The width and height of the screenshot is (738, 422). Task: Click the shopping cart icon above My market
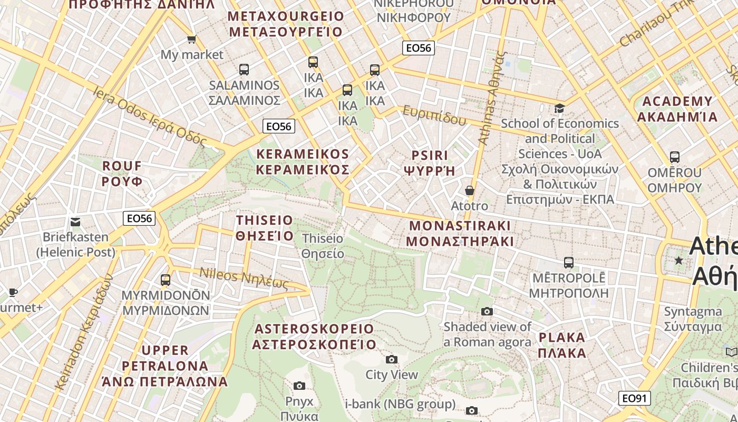click(x=192, y=40)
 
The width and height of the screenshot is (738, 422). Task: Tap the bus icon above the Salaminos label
click(x=244, y=69)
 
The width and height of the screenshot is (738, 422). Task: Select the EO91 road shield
click(x=634, y=398)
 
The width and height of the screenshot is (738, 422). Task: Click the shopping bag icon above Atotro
click(x=469, y=190)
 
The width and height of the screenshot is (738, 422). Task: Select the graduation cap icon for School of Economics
click(x=559, y=108)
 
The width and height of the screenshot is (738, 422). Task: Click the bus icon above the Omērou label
click(x=674, y=157)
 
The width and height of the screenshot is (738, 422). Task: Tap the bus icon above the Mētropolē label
click(x=568, y=262)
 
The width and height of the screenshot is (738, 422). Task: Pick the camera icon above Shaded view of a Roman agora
click(x=487, y=312)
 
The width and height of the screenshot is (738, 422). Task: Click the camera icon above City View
click(x=391, y=360)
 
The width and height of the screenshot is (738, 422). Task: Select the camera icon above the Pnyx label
click(x=299, y=386)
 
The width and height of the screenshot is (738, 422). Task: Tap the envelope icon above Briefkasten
click(x=75, y=222)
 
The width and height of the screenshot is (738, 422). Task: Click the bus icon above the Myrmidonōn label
click(x=166, y=280)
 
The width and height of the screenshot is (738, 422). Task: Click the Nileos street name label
click(x=244, y=279)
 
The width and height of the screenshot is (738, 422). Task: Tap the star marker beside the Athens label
click(x=679, y=261)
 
